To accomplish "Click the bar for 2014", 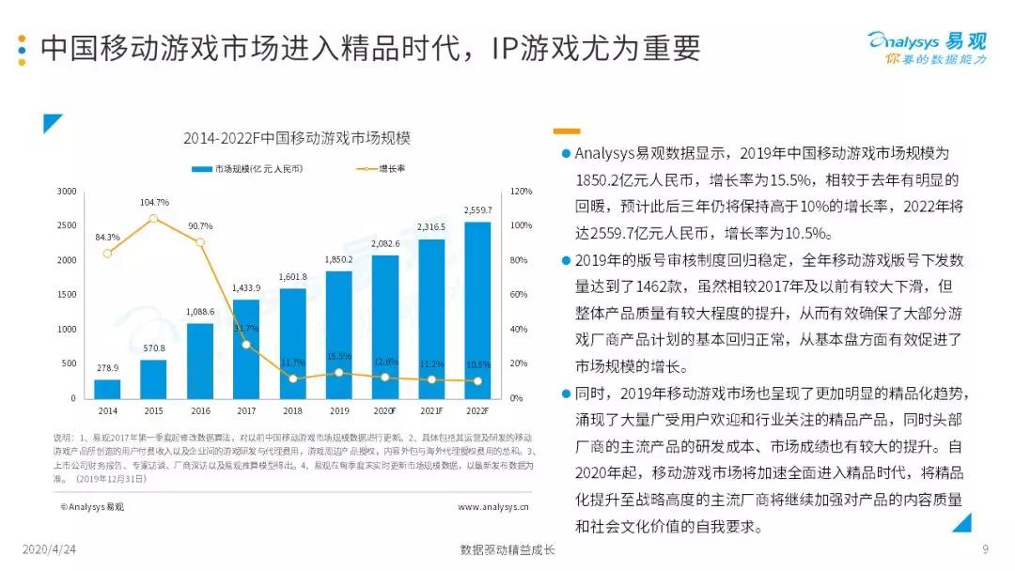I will [107, 388].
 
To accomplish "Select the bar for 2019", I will [338, 334].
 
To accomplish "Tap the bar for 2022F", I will [477, 310].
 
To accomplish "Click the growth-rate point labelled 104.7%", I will [153, 219].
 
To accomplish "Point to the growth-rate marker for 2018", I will [292, 378].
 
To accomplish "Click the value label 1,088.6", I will [200, 312].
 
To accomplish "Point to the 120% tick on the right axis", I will [522, 192].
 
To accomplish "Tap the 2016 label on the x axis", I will [200, 410].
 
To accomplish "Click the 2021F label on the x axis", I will [431, 410].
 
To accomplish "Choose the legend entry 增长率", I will [381, 168].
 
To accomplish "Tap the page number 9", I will [985, 549].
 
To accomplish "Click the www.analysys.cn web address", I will [492, 507].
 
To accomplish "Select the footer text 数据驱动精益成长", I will [507, 549].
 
